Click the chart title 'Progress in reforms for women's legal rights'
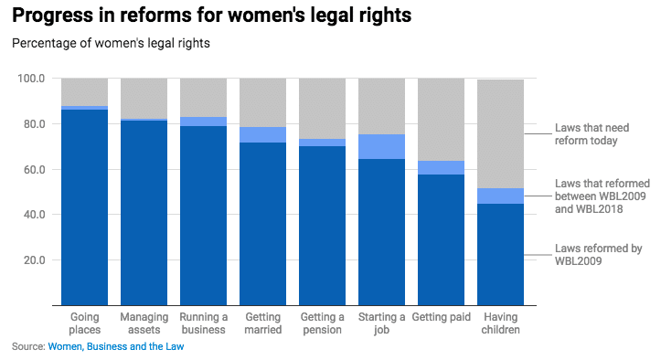211,16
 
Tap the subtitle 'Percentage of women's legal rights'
111,44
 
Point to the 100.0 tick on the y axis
31,79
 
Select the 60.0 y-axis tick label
34,169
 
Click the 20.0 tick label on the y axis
34,260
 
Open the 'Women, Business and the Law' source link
116,346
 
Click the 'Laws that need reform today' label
592,134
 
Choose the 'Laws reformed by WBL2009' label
598,255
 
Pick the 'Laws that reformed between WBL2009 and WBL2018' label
602,196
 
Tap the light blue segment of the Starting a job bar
381,147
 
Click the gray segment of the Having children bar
500,134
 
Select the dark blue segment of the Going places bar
84,207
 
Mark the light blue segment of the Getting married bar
262,135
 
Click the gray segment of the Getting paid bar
441,120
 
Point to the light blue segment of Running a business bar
203,122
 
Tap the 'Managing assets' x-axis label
144,323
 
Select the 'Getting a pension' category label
322,323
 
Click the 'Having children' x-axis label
500,323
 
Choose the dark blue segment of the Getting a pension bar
322,226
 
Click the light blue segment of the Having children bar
500,196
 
